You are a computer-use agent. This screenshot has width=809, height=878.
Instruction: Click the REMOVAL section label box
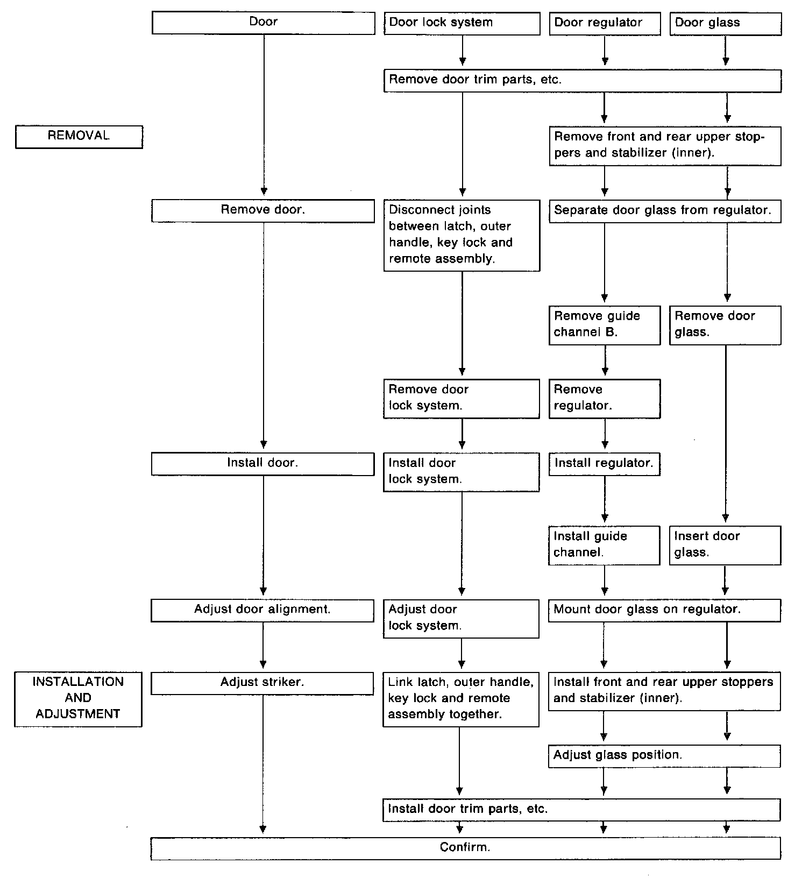79,137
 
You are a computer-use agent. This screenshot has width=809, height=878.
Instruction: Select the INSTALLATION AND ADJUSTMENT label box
78,699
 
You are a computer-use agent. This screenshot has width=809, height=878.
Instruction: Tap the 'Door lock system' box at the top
462,24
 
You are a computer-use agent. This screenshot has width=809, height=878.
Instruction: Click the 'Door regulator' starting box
605,24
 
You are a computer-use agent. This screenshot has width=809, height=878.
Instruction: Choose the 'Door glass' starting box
725,24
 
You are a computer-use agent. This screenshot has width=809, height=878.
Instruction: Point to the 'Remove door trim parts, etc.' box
582,81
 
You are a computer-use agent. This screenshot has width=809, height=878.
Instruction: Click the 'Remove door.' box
263,210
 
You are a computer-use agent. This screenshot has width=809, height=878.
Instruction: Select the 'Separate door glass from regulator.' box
664,211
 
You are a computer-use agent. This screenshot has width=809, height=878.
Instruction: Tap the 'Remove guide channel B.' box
605,325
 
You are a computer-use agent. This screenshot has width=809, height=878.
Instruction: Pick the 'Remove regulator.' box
605,398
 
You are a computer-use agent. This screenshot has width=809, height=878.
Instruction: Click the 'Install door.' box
262,464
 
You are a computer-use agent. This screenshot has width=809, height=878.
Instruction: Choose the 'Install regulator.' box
604,464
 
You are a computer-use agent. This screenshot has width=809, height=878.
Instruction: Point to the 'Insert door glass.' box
725,545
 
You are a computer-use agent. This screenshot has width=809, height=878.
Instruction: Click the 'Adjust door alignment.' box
262,610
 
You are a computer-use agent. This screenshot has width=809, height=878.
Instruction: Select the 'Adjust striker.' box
262,683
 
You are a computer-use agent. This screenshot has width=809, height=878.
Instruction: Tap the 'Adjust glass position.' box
664,755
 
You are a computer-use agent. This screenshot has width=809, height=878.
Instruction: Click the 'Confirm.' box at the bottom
465,848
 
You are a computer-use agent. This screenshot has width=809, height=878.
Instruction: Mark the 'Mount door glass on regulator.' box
664,610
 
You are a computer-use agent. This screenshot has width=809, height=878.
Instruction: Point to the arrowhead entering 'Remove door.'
264,191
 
